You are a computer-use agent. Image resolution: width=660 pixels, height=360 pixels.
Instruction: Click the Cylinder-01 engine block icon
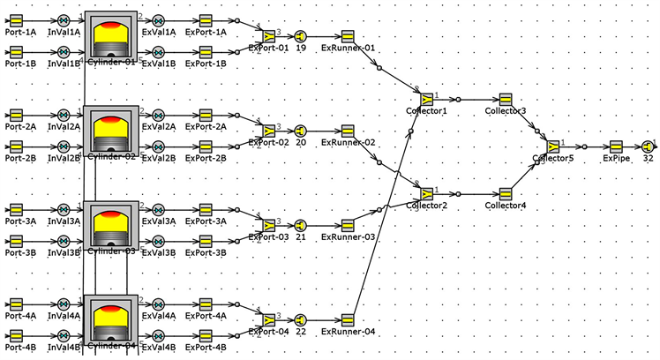(111, 34)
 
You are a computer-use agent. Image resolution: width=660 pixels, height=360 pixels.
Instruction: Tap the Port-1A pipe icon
(16, 19)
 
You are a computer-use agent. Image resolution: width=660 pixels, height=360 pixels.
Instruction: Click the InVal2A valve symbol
(64, 114)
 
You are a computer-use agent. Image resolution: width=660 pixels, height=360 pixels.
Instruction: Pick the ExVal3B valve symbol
(158, 240)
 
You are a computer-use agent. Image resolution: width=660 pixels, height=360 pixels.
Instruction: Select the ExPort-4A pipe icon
(206, 304)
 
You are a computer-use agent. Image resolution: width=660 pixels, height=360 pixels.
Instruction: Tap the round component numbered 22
(301, 319)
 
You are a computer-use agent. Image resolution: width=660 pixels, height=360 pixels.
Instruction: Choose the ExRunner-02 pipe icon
(348, 130)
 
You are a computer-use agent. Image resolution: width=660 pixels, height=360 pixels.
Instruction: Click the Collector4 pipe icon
(506, 193)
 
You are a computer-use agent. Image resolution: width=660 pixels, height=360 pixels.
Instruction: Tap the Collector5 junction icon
(553, 146)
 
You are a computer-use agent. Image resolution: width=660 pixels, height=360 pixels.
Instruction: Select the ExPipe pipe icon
(616, 146)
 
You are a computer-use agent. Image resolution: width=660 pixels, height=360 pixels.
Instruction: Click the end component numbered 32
(649, 146)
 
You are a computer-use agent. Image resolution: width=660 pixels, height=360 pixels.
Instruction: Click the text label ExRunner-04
(348, 332)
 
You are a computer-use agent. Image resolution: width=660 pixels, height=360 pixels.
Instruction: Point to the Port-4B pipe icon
(16, 335)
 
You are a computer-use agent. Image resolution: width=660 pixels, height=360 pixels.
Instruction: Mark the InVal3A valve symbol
(64, 209)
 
